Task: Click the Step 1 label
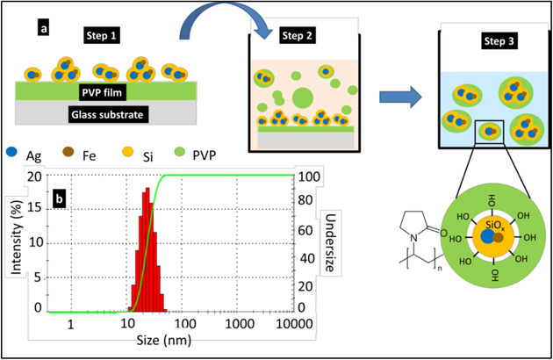coord(104,35)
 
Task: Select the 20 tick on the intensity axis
coord(35,176)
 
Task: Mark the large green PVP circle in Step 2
coord(301,97)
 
